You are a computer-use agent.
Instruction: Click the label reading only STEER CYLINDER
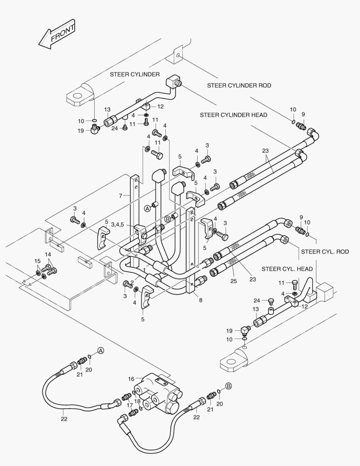click(x=134, y=74)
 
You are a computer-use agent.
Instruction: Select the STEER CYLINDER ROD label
click(x=239, y=85)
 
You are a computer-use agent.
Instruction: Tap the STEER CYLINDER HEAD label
click(x=233, y=115)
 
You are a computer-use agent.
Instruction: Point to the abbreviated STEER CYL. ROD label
click(x=325, y=251)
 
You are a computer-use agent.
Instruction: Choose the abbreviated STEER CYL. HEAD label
click(x=287, y=269)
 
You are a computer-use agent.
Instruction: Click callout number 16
click(x=131, y=379)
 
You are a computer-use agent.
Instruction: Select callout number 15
click(x=38, y=261)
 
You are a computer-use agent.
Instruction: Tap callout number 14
click(x=48, y=255)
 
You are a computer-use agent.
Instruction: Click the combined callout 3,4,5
click(x=118, y=224)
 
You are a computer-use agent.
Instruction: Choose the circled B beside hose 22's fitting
click(x=229, y=386)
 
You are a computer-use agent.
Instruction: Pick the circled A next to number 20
click(x=100, y=350)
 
